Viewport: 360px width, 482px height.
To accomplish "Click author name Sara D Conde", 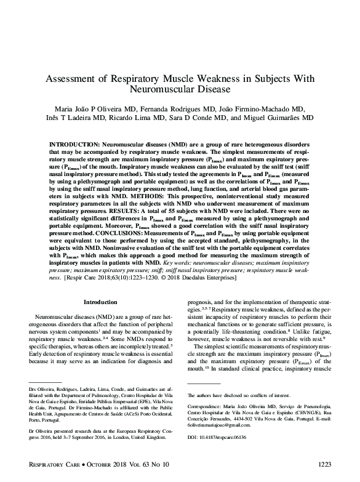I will click(x=203, y=118).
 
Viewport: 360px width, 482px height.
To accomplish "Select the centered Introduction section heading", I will click(x=100, y=302).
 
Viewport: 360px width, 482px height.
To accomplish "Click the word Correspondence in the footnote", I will click(x=206, y=408).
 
